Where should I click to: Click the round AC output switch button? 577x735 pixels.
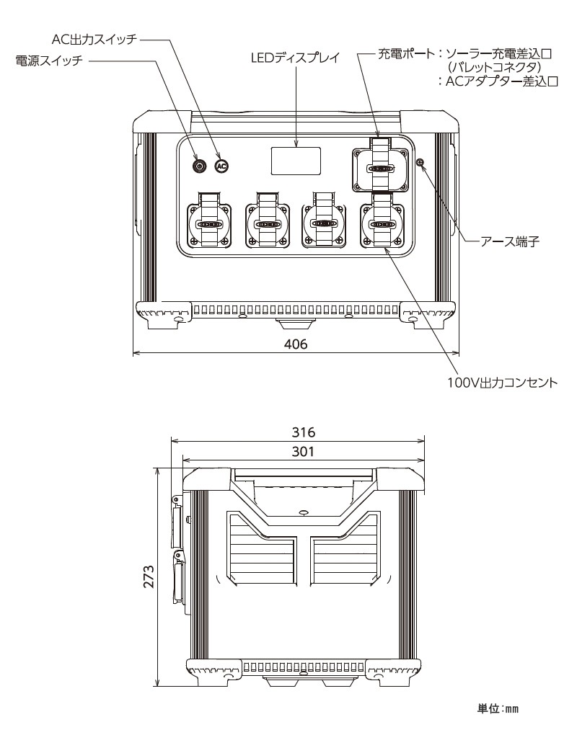tap(221, 166)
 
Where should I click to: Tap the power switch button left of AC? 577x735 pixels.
tap(200, 166)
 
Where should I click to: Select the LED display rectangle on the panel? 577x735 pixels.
tap(296, 161)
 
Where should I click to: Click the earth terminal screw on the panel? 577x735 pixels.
tap(420, 162)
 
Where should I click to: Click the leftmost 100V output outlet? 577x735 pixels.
tap(209, 224)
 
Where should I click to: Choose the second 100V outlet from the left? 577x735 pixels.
tap(267, 224)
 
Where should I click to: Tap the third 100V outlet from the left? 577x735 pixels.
tap(325, 224)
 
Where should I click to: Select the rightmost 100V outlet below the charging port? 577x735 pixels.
tap(382, 224)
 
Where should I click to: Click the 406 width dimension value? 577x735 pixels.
tap(296, 344)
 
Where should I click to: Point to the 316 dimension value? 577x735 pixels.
tap(303, 432)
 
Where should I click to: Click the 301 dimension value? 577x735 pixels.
tap(303, 452)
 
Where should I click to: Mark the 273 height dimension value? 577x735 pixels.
tap(149, 576)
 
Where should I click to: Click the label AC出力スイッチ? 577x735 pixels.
tap(94, 40)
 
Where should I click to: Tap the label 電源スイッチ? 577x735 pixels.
tap(49, 61)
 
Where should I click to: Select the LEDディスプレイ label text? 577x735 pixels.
tap(296, 58)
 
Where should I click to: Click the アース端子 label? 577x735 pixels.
tap(510, 242)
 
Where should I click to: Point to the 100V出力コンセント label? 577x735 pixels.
tap(503, 383)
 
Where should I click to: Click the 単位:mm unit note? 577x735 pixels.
tap(498, 709)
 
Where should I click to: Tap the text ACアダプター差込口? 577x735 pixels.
tap(502, 81)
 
